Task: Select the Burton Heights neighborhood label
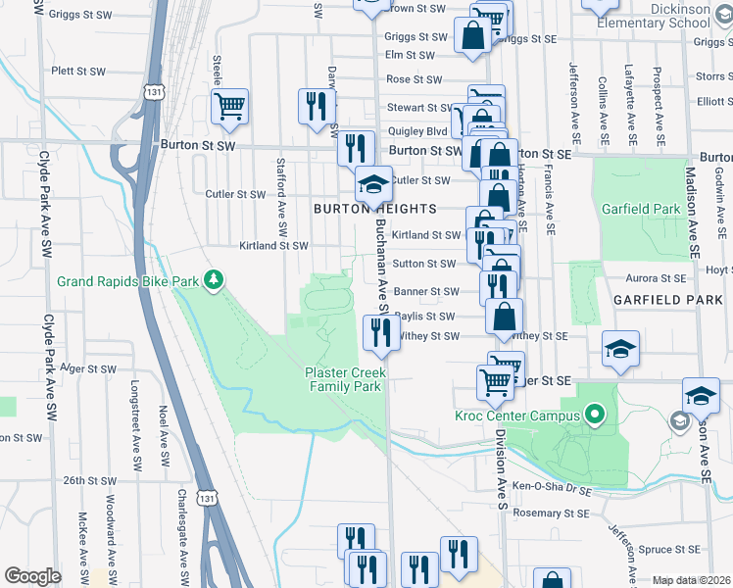coord(374,209)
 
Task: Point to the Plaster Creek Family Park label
coord(345,379)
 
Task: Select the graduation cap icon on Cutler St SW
coord(372,182)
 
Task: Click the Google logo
coord(32,575)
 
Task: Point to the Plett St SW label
coord(76,71)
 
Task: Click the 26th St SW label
coord(90,481)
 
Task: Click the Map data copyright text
coord(691,580)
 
